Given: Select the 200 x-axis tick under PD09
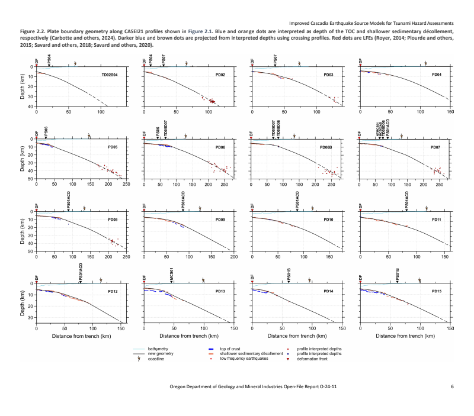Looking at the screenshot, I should (x=233, y=256).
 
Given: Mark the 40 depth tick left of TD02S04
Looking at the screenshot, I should (x=31, y=107).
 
